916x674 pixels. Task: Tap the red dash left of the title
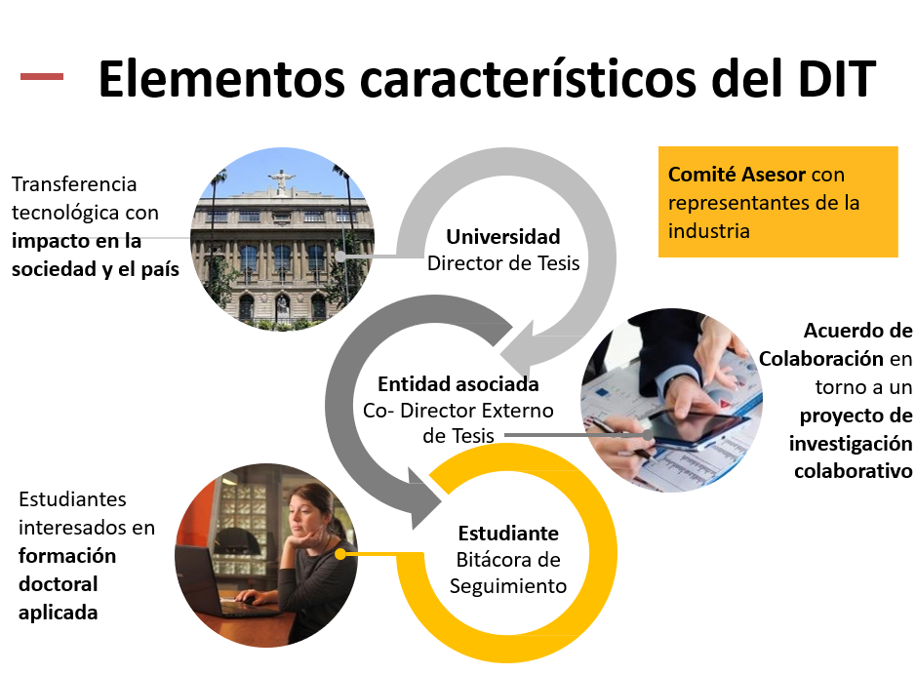[42, 76]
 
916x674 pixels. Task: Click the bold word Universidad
[503, 237]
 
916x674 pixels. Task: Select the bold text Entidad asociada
[458, 383]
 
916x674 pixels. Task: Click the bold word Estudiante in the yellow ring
[508, 533]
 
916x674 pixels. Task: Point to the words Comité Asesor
[737, 174]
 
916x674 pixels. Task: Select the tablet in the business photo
[696, 429]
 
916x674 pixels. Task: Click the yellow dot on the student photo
[340, 554]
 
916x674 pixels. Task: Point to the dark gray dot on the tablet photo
[648, 435]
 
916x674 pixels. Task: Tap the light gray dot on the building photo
[340, 256]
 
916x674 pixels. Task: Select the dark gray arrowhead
[425, 497]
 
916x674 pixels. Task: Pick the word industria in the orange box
[708, 231]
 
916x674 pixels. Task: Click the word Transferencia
[74, 184]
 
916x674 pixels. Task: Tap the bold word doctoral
[58, 584]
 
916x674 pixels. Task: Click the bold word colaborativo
[853, 471]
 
